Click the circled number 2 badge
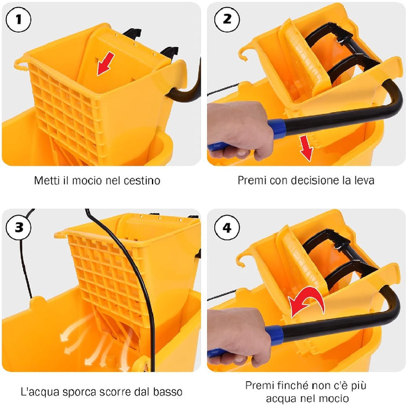227,20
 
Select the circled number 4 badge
227,227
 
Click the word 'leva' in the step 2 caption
364,180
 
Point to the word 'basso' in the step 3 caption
168,393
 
